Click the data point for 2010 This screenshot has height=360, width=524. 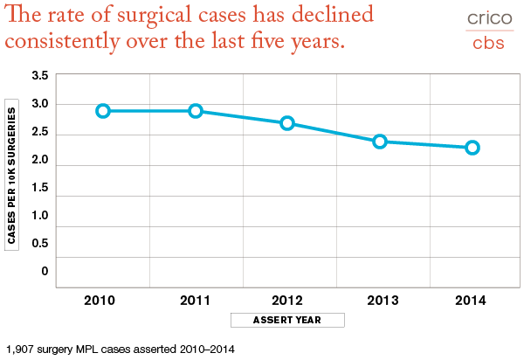click(x=103, y=111)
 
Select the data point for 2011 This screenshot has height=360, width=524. click(x=196, y=111)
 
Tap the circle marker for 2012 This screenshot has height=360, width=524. click(x=287, y=123)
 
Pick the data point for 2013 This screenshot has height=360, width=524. click(x=380, y=141)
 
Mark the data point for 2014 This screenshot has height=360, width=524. click(x=472, y=148)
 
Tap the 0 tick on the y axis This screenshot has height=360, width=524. click(x=45, y=271)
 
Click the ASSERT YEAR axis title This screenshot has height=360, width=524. click(x=287, y=320)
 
